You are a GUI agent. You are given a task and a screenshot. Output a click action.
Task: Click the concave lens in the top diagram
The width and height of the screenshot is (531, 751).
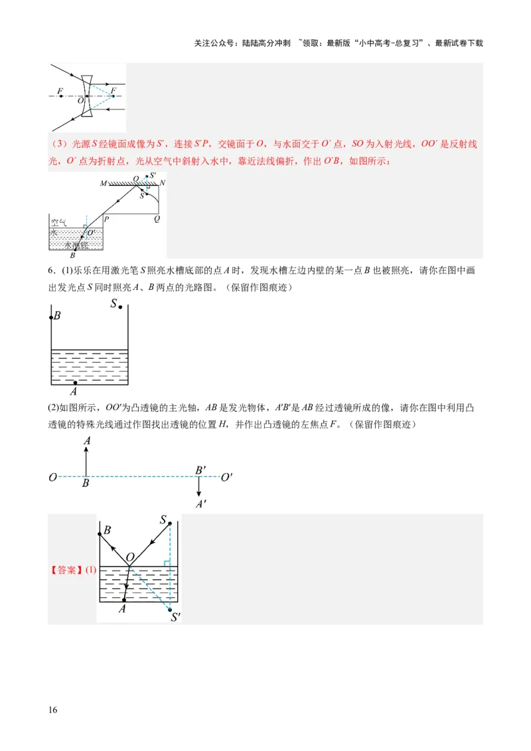point(87,96)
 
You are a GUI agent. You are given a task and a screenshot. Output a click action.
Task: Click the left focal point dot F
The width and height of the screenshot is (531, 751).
point(60,96)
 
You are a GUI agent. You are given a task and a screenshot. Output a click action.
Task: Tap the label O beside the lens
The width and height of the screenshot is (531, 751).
point(80,101)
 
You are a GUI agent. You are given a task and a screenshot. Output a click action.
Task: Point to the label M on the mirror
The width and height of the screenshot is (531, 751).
point(104,182)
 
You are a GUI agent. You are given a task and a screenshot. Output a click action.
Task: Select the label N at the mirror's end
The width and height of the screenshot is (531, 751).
point(163,182)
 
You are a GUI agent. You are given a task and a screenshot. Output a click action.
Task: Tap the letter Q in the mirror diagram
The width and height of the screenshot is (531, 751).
point(157,218)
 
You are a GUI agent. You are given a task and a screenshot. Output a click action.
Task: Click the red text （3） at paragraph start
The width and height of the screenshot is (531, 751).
point(56,144)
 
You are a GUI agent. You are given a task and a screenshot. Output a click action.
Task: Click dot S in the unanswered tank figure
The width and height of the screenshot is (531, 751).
point(120,307)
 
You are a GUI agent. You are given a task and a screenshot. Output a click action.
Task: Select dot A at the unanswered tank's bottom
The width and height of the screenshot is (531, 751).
point(75,383)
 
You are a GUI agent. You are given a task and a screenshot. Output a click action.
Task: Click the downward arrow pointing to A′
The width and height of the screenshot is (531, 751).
point(199,487)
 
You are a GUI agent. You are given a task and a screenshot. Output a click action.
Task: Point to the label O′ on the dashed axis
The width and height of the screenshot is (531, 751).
point(226,477)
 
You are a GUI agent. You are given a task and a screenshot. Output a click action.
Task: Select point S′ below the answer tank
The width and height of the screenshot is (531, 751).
point(176,617)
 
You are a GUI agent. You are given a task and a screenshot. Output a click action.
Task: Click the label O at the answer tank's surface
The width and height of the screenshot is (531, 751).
point(130,557)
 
